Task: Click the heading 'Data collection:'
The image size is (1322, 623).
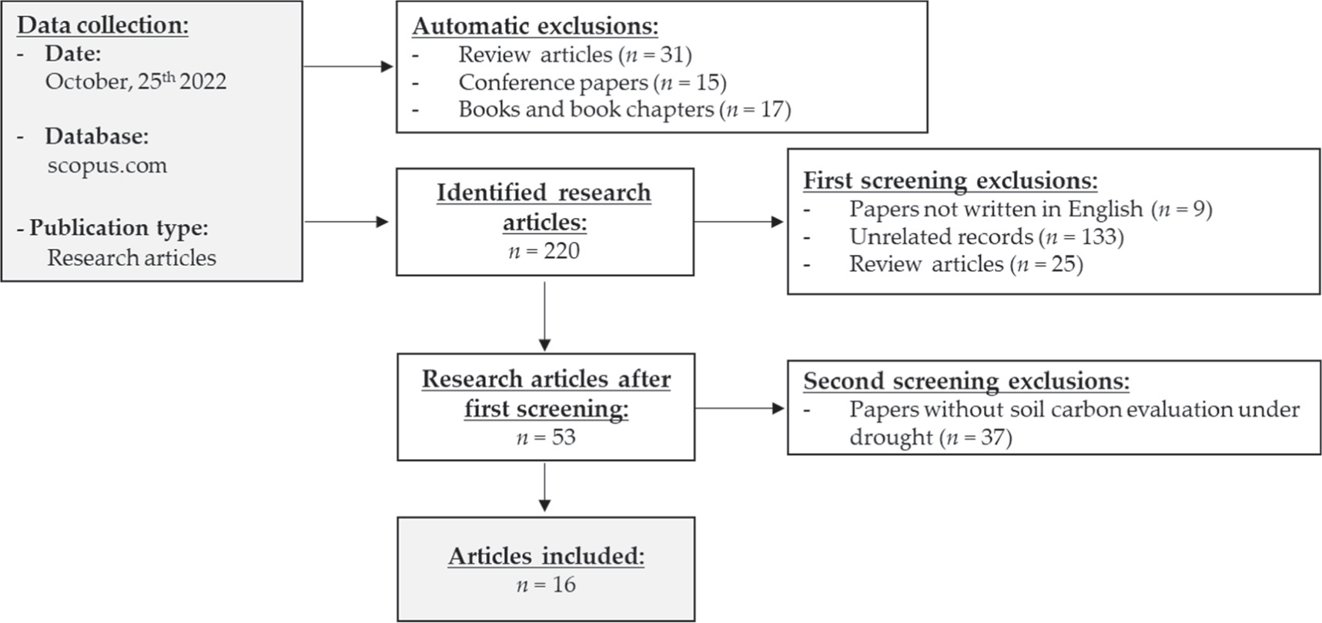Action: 102,25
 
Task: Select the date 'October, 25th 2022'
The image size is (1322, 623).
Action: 136,82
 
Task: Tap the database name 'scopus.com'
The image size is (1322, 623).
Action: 107,166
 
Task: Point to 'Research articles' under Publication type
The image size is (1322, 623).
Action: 132,258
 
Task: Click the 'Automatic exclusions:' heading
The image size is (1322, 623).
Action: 535,26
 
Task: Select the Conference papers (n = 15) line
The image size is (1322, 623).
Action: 592,82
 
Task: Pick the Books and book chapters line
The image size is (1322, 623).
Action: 624,109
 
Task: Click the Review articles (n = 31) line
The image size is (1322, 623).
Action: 574,55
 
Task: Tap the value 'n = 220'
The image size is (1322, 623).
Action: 544,251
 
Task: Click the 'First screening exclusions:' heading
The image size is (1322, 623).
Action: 950,180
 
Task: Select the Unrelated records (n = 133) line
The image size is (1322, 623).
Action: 986,236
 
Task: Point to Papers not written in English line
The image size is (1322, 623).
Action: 1030,209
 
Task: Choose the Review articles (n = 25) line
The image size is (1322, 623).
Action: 966,264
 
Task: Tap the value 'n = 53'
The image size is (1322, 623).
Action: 546,437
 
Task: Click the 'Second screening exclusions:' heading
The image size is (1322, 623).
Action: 966,381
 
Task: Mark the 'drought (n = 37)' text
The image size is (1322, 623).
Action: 930,437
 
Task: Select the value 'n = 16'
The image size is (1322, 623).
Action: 546,584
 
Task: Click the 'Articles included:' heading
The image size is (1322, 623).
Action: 546,556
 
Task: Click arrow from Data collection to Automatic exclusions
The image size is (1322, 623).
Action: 349,67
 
